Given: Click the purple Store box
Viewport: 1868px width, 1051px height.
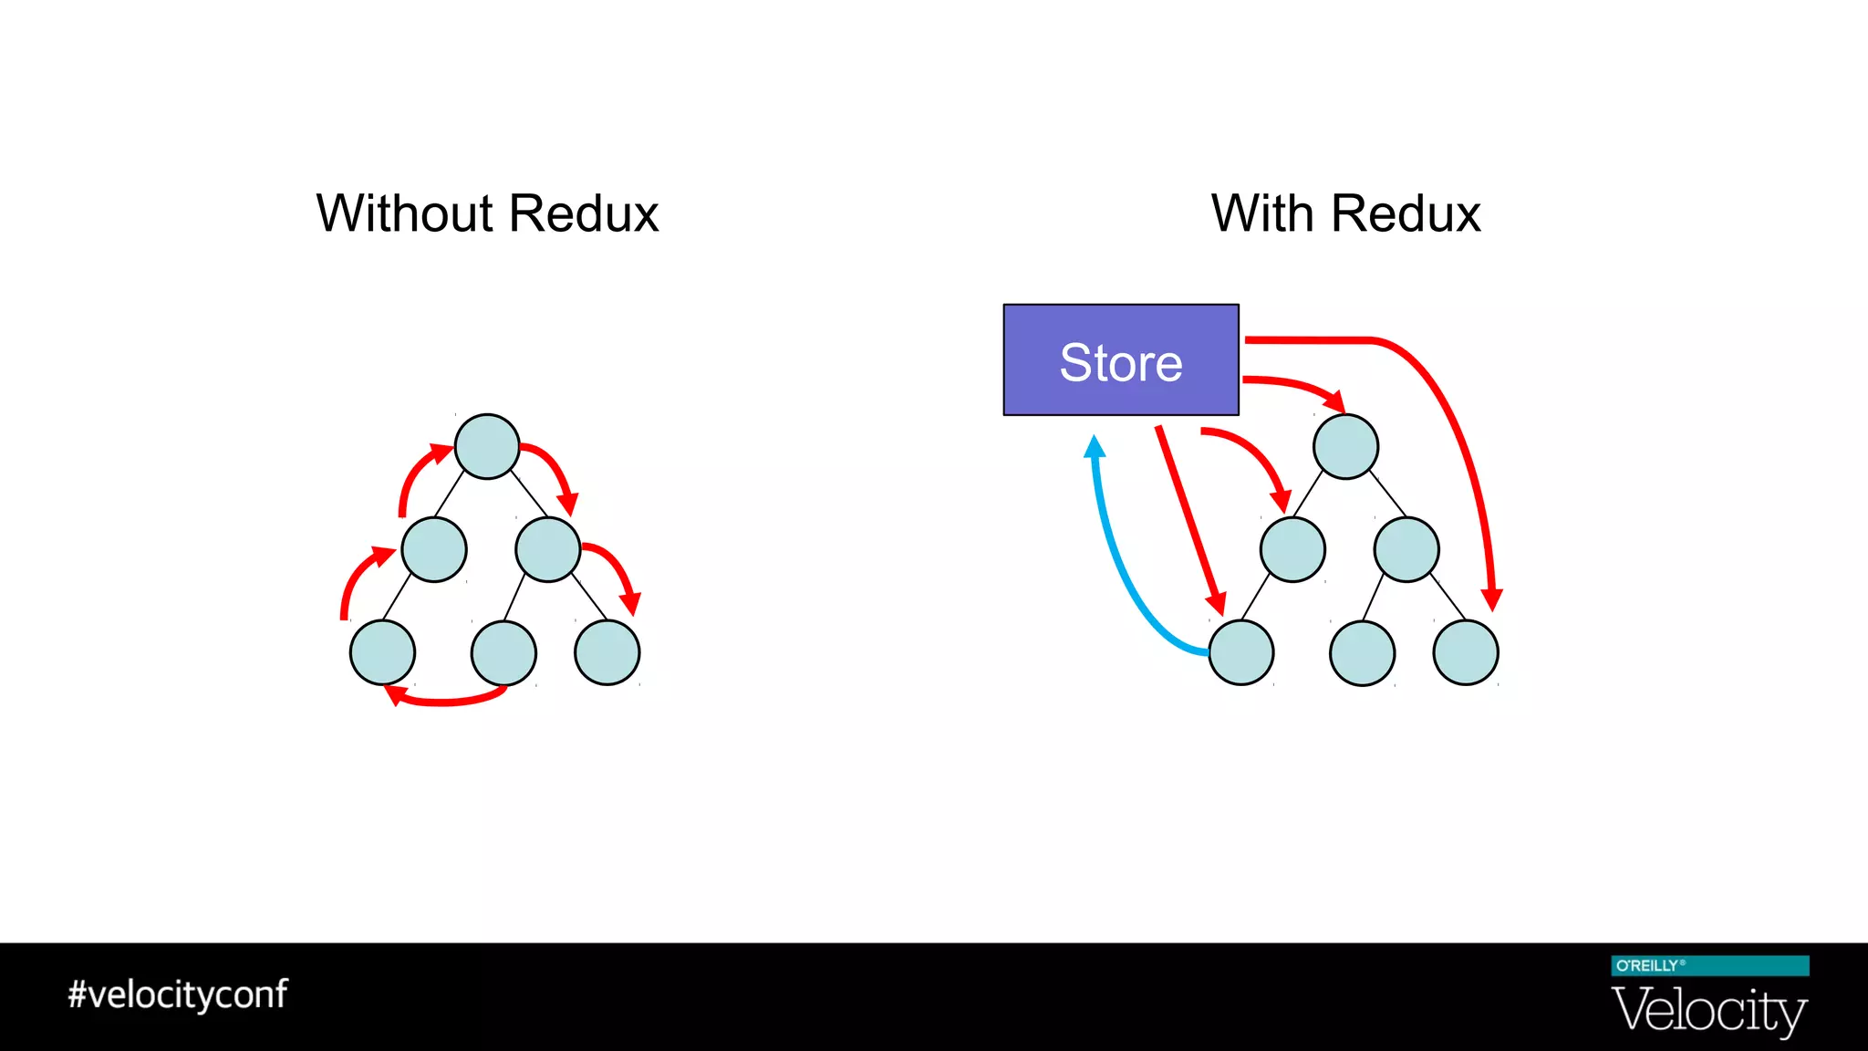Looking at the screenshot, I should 1120,359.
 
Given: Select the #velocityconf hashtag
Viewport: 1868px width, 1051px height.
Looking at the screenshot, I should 178,994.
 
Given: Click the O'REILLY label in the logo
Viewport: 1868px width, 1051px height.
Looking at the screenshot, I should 1647,965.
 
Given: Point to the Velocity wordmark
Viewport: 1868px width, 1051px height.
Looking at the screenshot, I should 1708,1011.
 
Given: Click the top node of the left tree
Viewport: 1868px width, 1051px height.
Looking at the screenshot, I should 487,446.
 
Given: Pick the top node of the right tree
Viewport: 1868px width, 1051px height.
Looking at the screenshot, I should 1345,446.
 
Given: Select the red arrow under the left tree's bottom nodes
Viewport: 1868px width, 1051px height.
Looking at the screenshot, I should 447,702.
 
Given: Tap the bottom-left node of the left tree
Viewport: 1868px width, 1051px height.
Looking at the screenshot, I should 382,652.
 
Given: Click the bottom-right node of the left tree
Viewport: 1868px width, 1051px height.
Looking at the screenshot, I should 607,652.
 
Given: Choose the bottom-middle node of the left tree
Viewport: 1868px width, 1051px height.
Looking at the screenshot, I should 503,652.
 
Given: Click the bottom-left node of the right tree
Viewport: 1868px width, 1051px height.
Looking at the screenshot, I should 1240,652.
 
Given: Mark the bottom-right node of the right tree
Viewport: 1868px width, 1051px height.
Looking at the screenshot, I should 1465,652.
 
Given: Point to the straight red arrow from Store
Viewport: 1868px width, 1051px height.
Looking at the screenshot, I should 1189,520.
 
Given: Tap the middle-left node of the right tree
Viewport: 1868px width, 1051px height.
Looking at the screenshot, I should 1292,549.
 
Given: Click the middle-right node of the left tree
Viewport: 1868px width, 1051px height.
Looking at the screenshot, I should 547,549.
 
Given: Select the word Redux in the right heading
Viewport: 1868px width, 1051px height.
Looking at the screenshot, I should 1405,213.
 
